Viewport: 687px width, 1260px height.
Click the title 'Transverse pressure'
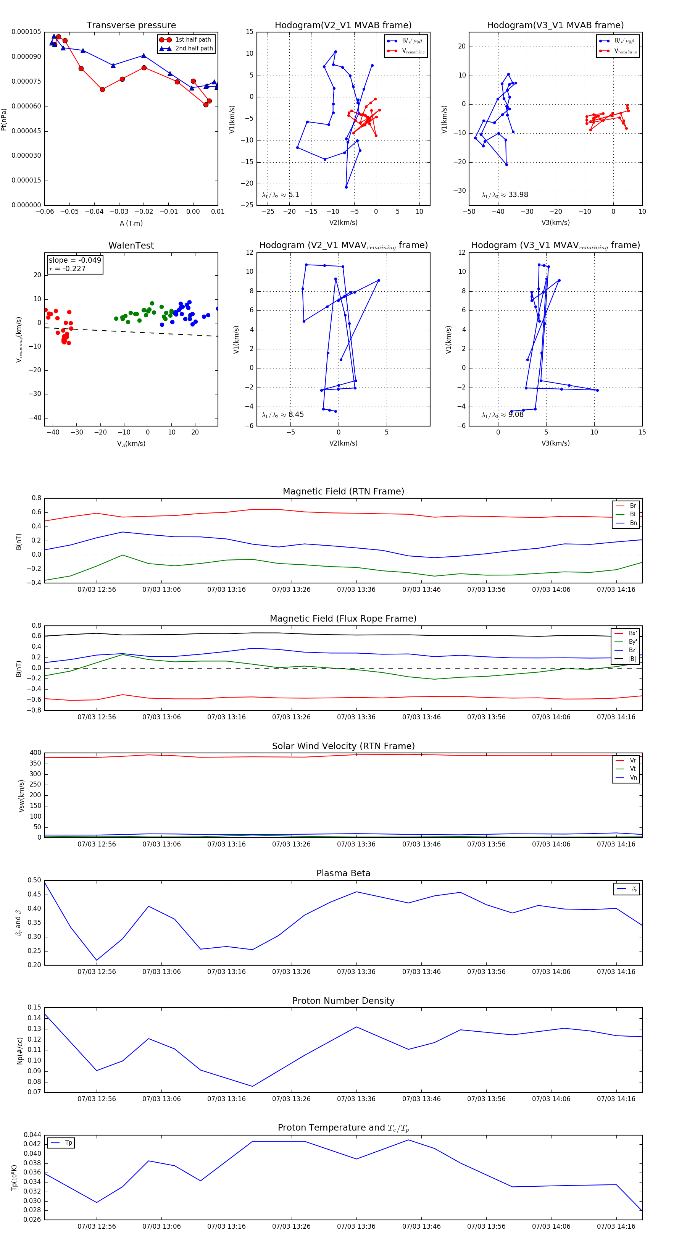(131, 26)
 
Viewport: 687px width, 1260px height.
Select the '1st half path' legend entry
(193, 40)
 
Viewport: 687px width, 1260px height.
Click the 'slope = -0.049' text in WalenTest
(75, 260)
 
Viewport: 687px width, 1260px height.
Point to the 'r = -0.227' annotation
(68, 268)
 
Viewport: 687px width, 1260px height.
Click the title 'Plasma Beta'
(343, 874)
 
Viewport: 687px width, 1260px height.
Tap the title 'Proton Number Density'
(343, 1001)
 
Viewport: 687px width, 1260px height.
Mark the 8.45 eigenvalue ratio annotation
(296, 415)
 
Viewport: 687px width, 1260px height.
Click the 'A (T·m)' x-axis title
(131, 223)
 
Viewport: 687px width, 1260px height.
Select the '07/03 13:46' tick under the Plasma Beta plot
(421, 971)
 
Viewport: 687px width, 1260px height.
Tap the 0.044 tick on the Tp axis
(32, 1135)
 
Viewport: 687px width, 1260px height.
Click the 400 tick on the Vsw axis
(36, 753)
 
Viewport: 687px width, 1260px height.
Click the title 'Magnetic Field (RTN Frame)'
(343, 491)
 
